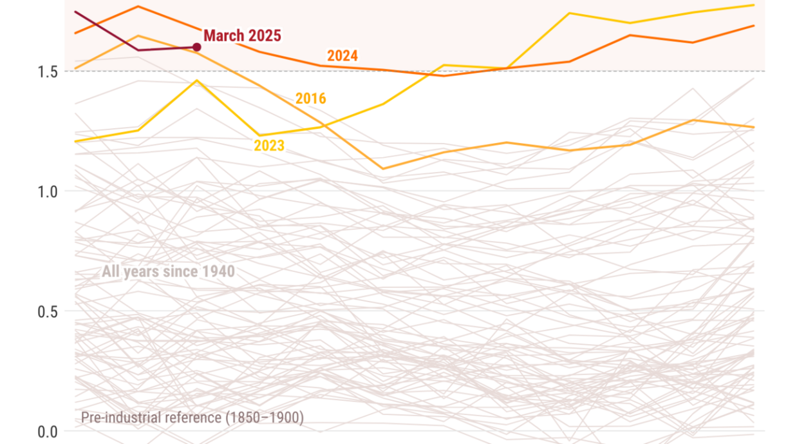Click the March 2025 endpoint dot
tap(197, 47)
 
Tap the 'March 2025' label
tap(242, 35)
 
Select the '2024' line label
tap(342, 56)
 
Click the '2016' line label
tap(310, 99)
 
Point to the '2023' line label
tap(269, 146)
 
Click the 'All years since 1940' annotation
tap(168, 271)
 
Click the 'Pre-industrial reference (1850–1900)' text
tap(192, 418)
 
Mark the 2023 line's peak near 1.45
tap(197, 81)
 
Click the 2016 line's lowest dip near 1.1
tap(384, 169)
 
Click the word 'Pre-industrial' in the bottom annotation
tap(119, 418)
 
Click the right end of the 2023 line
tap(754, 5)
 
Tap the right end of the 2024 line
tap(754, 26)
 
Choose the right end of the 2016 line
tap(754, 127)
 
